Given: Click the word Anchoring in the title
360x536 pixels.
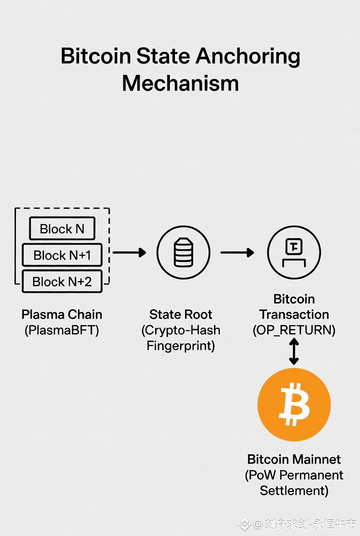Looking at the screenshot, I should [248, 57].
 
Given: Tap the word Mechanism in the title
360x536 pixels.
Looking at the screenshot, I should [180, 84].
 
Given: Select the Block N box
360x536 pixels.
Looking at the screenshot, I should [62, 229].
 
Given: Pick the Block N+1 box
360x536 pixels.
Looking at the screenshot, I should [62, 255].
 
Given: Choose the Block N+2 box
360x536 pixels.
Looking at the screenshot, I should [62, 281].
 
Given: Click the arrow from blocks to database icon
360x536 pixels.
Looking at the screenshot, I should [129, 252].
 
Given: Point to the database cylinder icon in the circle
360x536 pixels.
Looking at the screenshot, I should [183, 252].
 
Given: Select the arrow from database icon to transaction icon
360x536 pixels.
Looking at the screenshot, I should [237, 252].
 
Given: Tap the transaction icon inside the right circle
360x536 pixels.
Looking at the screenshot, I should [294, 252].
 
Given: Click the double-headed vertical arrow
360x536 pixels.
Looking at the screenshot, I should [294, 352].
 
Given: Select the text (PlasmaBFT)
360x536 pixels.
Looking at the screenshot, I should [62, 330].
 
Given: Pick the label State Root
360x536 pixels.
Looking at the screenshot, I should [180, 315].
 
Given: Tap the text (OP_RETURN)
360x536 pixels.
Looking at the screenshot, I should [294, 330].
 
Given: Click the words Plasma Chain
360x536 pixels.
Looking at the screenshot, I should [62, 315].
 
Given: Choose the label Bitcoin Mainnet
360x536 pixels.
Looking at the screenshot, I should [294, 459].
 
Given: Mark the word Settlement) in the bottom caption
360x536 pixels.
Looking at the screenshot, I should [294, 490].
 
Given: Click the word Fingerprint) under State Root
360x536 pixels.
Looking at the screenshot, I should [180, 346].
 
